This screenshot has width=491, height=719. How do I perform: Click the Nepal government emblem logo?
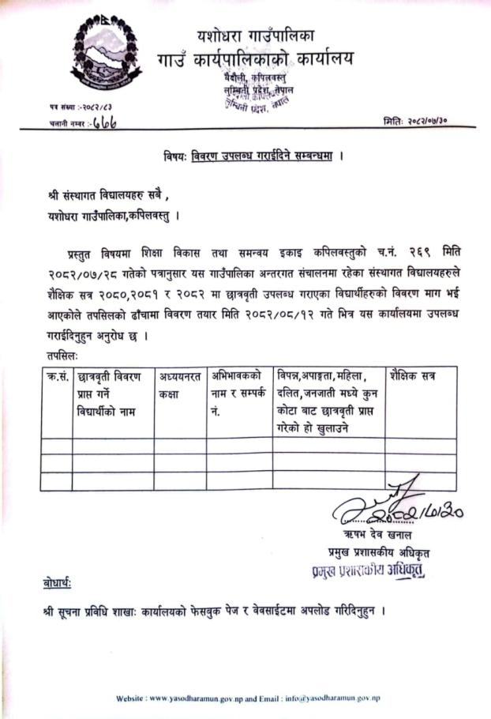(107, 55)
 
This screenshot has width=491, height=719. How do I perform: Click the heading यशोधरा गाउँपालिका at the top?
(257, 35)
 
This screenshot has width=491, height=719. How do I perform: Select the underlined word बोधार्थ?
(58, 584)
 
